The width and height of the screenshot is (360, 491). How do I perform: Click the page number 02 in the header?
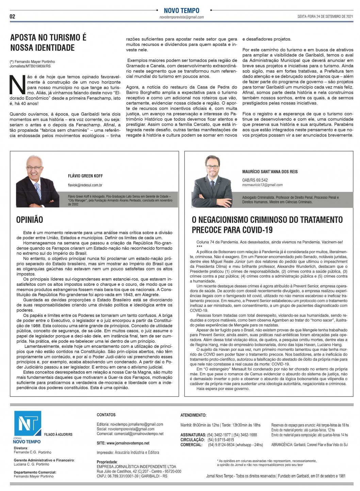[12, 16]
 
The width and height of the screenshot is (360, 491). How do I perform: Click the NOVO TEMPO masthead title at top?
[181, 11]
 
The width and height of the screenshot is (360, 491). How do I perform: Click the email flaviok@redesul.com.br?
[85, 185]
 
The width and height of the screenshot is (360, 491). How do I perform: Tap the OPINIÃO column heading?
[30, 220]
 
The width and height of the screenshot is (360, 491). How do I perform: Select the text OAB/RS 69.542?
[255, 180]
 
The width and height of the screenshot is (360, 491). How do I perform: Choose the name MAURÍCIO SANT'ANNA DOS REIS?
[270, 171]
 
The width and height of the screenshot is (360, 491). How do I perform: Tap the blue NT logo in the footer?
[27, 423]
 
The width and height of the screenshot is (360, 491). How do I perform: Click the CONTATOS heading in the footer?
[106, 415]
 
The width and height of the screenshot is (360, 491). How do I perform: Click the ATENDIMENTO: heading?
[193, 415]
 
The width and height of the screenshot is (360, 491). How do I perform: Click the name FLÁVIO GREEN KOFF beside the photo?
[85, 176]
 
